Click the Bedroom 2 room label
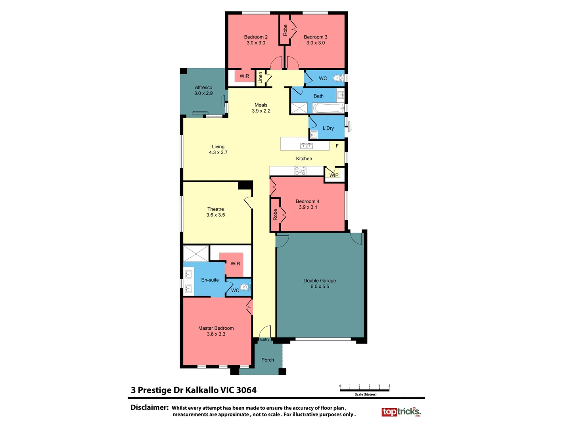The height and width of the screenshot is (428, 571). click(x=256, y=37)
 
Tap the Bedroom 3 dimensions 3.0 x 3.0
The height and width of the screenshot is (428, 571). click(x=315, y=43)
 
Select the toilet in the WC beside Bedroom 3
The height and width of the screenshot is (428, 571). click(x=338, y=78)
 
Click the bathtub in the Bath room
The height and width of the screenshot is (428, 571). click(x=328, y=108)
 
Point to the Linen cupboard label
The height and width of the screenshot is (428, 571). click(x=261, y=77)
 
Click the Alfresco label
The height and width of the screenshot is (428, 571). click(x=203, y=88)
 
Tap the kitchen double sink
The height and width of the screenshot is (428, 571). click(x=307, y=146)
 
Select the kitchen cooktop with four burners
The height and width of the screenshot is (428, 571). click(x=300, y=171)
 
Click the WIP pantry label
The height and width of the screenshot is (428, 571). click(x=334, y=175)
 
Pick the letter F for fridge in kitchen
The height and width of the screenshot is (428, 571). click(x=337, y=146)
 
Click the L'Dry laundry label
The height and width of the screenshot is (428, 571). click(x=328, y=128)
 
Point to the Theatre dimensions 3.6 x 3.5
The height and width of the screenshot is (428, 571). click(x=215, y=215)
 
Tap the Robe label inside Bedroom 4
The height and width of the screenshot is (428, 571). click(x=275, y=215)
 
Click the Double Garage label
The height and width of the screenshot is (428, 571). click(x=320, y=281)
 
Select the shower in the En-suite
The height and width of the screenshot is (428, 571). click(x=196, y=254)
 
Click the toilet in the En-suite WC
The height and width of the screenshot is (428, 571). click(x=244, y=287)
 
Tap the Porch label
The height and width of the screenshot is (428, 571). click(x=268, y=360)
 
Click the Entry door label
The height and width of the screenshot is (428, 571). click(x=264, y=339)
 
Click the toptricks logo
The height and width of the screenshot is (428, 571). click(x=401, y=412)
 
